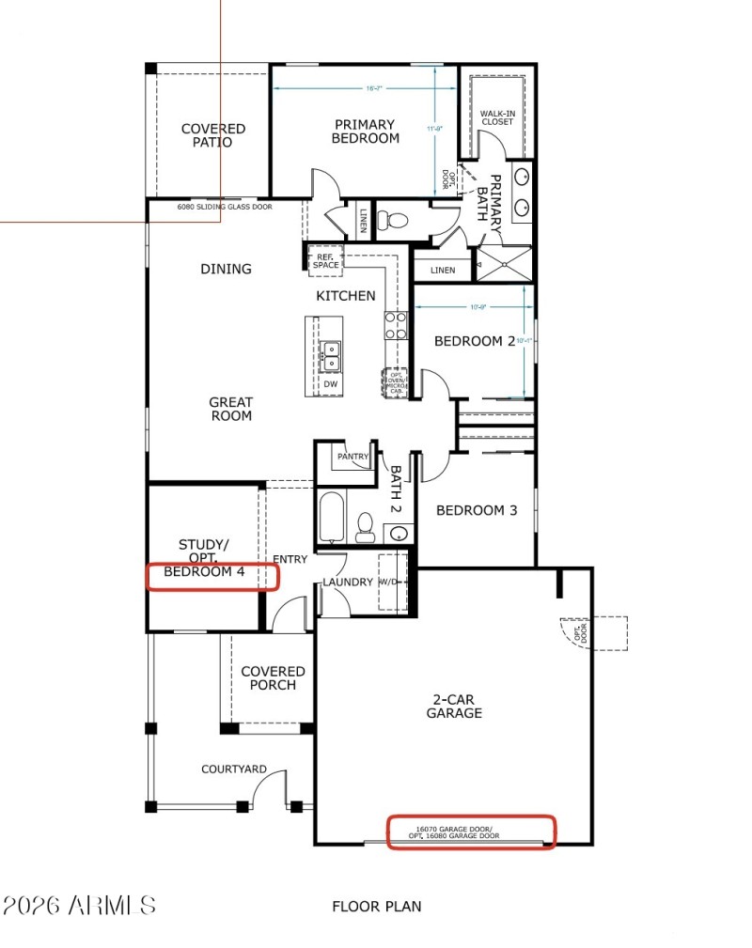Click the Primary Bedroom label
pyautogui.click(x=365, y=132)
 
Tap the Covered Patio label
pyautogui.click(x=213, y=135)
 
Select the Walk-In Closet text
pyautogui.click(x=497, y=117)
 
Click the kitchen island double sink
pyautogui.click(x=330, y=354)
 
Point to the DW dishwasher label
pyautogui.click(x=330, y=384)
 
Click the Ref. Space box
pyautogui.click(x=326, y=260)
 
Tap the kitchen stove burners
pyautogui.click(x=395, y=325)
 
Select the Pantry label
pyautogui.click(x=353, y=458)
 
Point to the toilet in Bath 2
pyautogui.click(x=366, y=526)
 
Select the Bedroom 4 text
pyautogui.click(x=204, y=571)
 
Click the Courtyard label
pyautogui.click(x=233, y=769)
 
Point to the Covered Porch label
pyautogui.click(x=273, y=678)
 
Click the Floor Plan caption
pyautogui.click(x=376, y=907)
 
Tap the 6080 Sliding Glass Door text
pyautogui.click(x=225, y=207)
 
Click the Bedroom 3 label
pyautogui.click(x=477, y=511)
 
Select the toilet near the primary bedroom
pyautogui.click(x=393, y=221)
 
